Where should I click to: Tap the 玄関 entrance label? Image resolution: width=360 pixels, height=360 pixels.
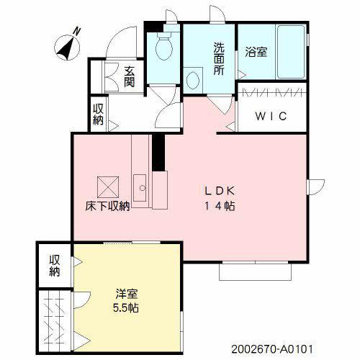[x=129, y=76]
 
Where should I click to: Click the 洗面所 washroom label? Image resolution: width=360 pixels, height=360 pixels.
[x=218, y=58]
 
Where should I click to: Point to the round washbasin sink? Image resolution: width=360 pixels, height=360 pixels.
[x=193, y=79]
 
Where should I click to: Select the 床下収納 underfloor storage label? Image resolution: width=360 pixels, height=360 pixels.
[x=108, y=207]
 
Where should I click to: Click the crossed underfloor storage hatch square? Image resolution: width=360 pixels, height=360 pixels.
[x=107, y=186]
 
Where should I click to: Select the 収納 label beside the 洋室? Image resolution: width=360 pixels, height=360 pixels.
[x=55, y=265]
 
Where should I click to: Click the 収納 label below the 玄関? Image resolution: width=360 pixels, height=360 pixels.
[x=98, y=114]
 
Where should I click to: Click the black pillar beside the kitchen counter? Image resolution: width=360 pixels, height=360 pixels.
[x=157, y=151]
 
